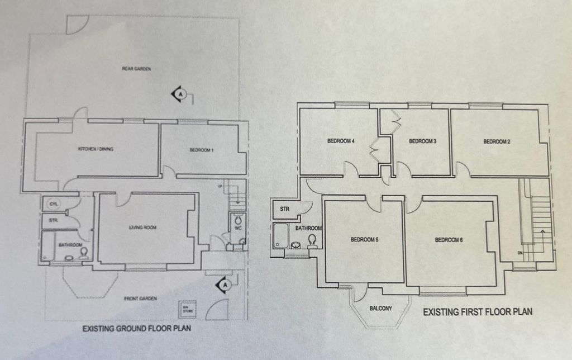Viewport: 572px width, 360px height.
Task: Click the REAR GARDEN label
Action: [x=137, y=69]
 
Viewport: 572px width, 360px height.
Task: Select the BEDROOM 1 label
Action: [x=201, y=150]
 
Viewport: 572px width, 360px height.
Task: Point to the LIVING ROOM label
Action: [x=142, y=228]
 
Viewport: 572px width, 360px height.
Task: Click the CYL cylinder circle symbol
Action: [x=54, y=204]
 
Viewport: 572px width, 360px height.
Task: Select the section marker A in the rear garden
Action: [x=179, y=94]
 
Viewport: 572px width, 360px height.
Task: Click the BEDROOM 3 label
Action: [x=422, y=141]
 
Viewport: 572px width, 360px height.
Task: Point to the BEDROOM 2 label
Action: [x=497, y=141]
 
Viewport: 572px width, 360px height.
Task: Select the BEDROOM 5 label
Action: [x=364, y=240]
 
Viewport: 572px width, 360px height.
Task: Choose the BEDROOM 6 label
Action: [x=449, y=240]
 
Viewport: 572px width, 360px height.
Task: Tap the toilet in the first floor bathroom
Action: [x=312, y=240]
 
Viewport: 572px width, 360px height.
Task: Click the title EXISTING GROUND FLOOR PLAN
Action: [x=136, y=329]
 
